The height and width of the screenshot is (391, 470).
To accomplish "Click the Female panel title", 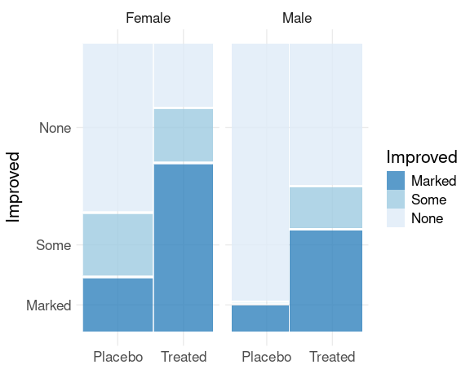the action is [148, 18].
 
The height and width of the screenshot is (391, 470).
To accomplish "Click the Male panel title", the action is [297, 18].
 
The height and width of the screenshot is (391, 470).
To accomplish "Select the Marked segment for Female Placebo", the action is [117, 305].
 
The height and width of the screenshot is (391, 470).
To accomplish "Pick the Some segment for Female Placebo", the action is [117, 244].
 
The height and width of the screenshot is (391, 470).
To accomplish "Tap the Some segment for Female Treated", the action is [184, 135].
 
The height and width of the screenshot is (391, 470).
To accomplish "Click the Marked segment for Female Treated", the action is [184, 248].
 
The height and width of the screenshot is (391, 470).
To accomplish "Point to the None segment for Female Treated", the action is [184, 75].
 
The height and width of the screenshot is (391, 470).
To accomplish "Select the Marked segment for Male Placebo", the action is [260, 319].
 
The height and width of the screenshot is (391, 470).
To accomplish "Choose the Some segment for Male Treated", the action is [326, 208].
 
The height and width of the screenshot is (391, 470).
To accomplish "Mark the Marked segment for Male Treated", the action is [326, 281].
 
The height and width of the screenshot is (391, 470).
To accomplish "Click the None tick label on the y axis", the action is [55, 128].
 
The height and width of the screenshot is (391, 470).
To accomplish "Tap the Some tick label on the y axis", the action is [54, 245].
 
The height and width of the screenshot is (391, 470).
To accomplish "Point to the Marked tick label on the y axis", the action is [49, 305].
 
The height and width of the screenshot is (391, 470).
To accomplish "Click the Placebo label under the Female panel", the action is [117, 357].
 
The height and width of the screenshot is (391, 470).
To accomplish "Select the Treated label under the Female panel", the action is [184, 357].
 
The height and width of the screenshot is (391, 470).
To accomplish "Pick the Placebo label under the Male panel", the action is [267, 357].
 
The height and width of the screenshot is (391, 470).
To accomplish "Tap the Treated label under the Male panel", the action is [332, 357].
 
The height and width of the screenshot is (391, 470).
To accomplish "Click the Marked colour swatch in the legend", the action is [396, 180].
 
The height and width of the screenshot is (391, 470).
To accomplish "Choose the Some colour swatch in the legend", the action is [396, 200].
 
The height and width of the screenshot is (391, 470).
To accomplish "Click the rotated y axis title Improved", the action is [13, 187].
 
